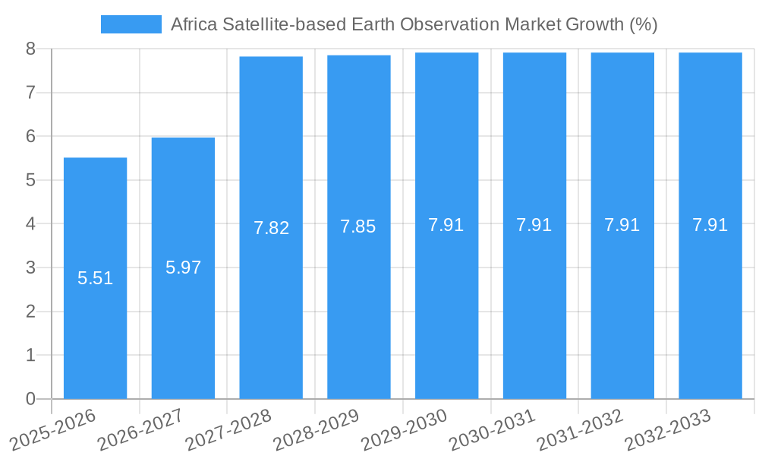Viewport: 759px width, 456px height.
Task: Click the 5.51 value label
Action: [x=95, y=278]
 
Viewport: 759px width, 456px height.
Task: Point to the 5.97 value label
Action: [x=183, y=268]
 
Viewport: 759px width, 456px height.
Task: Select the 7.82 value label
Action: [x=271, y=228]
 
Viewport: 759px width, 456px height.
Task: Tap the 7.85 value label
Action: [x=358, y=226]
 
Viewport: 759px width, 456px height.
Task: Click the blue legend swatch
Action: [x=131, y=24]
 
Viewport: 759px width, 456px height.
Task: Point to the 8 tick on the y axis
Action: [x=30, y=49]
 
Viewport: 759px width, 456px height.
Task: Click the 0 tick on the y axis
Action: [x=30, y=399]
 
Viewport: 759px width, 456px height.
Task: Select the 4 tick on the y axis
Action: [x=30, y=224]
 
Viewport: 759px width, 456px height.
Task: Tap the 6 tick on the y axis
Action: [x=30, y=137]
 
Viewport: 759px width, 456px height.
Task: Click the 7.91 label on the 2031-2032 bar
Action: [x=622, y=225]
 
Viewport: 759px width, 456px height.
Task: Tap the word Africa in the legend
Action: [x=194, y=24]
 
